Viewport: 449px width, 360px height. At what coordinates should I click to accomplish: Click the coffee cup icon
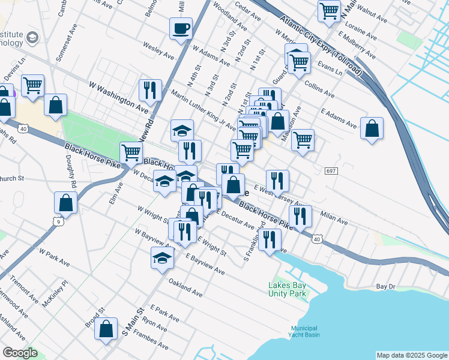(x=181, y=28)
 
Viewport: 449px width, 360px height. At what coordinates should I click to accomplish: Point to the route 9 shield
(x=58, y=222)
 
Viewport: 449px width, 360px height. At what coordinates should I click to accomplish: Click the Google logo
(x=20, y=353)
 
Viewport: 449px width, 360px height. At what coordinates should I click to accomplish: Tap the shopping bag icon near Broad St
(x=106, y=329)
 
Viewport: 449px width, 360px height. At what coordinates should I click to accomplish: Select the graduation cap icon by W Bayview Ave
(x=162, y=257)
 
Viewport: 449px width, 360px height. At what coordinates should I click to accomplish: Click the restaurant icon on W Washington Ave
(x=148, y=90)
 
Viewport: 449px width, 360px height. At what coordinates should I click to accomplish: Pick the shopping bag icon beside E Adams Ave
(x=372, y=128)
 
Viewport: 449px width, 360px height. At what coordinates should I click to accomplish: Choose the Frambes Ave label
(x=151, y=339)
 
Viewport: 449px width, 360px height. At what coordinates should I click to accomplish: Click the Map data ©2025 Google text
(x=411, y=355)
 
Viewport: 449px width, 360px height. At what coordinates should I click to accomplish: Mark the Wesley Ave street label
(x=158, y=51)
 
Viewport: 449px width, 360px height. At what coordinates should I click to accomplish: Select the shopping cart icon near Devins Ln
(x=32, y=85)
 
